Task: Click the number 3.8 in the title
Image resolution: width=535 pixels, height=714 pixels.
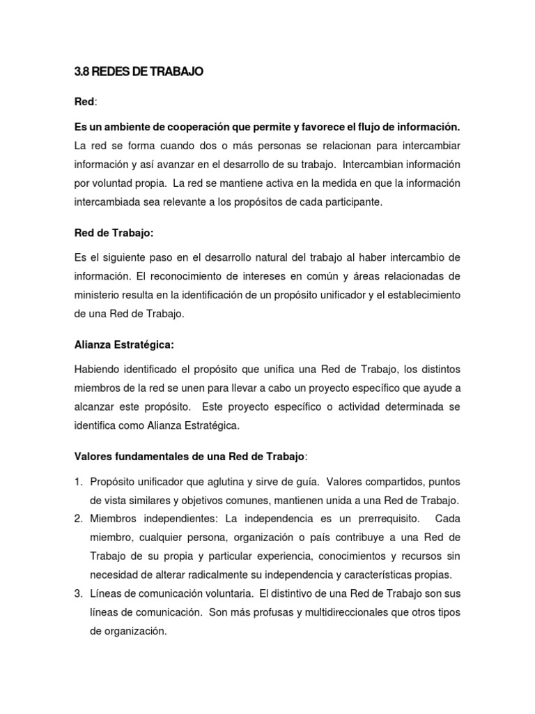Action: (82, 71)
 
